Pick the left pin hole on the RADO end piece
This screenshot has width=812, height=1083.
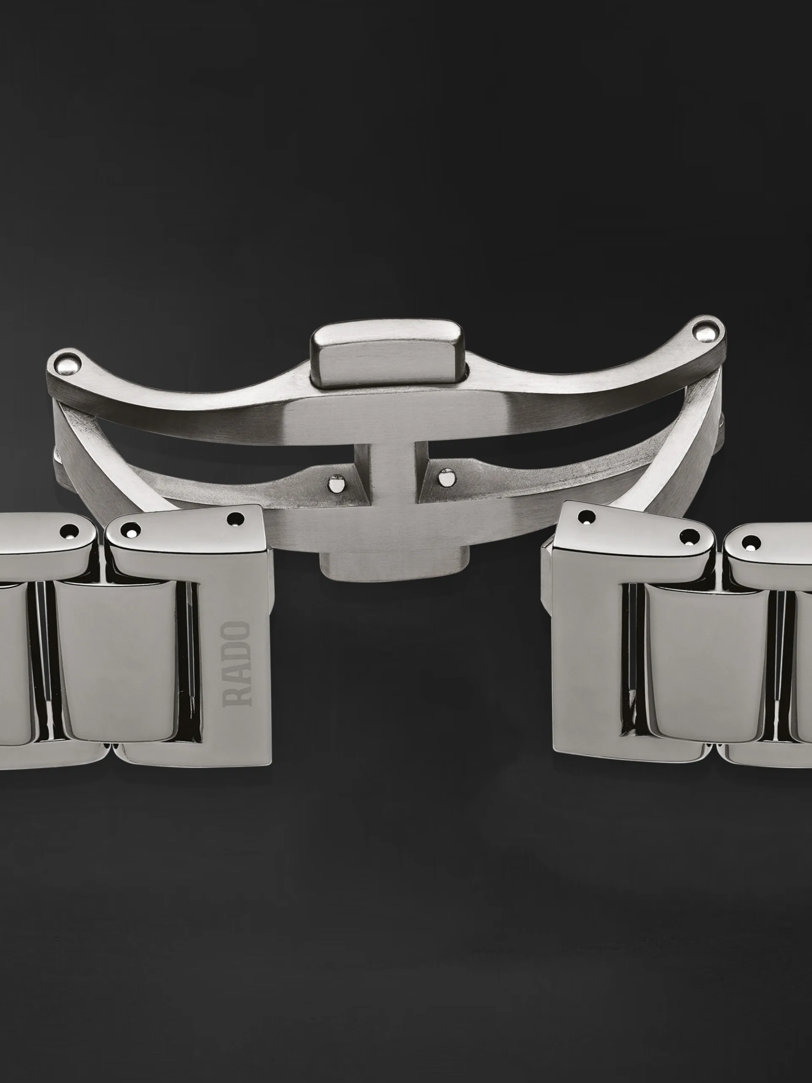pos(130,529)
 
